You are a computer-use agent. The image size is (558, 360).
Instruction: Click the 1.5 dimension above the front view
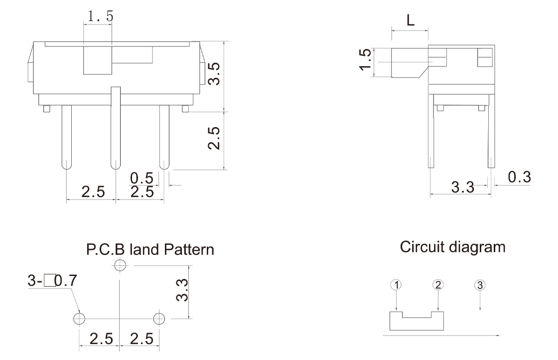click(100, 16)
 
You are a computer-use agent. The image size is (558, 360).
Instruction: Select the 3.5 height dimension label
click(214, 74)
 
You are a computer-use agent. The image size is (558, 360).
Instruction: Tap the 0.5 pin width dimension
click(141, 178)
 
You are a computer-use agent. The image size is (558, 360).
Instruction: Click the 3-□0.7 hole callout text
click(52, 281)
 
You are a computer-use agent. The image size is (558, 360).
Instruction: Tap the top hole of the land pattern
click(120, 265)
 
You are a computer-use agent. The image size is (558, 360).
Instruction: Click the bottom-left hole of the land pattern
click(79, 319)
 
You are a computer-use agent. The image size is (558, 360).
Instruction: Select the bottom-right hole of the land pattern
click(159, 319)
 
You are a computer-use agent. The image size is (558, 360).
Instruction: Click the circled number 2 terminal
click(438, 285)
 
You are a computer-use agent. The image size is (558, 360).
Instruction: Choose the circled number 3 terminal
click(480, 285)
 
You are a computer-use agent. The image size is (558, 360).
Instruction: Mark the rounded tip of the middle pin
click(116, 165)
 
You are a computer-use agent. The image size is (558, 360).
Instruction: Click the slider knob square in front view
click(98, 60)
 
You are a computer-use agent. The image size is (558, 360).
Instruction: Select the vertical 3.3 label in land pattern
click(182, 290)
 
